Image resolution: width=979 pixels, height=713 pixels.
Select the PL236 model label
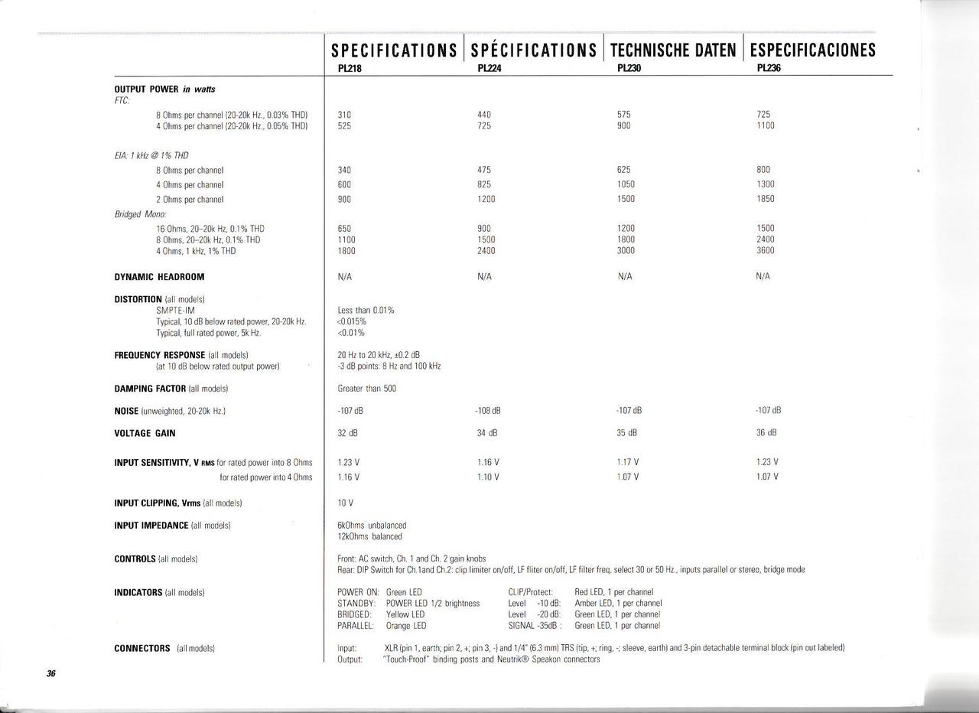click(768, 67)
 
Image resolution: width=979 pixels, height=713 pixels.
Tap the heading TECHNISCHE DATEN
click(673, 50)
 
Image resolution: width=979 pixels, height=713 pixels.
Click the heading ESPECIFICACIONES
click(813, 50)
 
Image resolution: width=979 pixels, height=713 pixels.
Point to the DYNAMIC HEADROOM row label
click(159, 277)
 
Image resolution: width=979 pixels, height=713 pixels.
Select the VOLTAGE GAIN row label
click(145, 433)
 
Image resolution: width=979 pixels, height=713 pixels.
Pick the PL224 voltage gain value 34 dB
click(487, 433)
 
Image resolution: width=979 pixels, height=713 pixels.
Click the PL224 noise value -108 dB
click(488, 411)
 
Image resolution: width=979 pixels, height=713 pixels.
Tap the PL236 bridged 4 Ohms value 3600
click(765, 251)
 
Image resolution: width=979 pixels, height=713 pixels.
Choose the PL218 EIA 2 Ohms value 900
click(344, 199)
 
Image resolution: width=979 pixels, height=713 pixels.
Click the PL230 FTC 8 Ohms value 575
click(624, 115)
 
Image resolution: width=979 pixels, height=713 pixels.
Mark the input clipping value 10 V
click(345, 503)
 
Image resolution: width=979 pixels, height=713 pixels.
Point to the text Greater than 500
click(367, 389)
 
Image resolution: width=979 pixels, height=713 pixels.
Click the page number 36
click(50, 674)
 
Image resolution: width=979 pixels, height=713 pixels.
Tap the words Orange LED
click(406, 626)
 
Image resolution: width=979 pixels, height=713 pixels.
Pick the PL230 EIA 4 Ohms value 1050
click(626, 184)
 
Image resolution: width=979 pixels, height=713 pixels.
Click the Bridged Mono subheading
click(141, 214)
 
